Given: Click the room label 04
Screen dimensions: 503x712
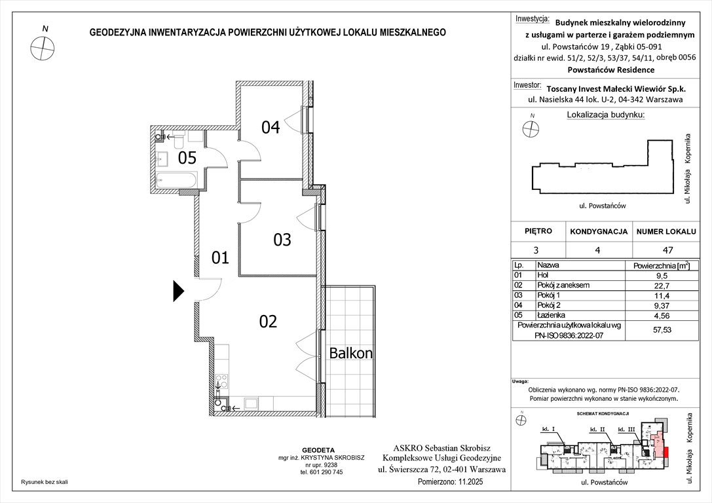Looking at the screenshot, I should [271, 127].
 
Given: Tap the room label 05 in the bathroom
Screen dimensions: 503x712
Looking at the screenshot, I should [187, 158].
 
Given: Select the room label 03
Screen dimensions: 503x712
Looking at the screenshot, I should [282, 240].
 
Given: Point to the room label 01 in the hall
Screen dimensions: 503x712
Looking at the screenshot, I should [220, 258].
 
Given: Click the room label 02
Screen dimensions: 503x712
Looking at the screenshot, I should [268, 322].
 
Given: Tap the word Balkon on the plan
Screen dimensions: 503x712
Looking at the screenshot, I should [350, 354].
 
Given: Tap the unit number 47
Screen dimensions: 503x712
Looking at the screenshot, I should [667, 250].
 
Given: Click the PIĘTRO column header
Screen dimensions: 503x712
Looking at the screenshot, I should [538, 231].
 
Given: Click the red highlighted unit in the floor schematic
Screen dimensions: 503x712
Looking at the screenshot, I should [667, 451].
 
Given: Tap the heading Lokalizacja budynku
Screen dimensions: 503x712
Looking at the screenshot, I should [605, 115].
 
